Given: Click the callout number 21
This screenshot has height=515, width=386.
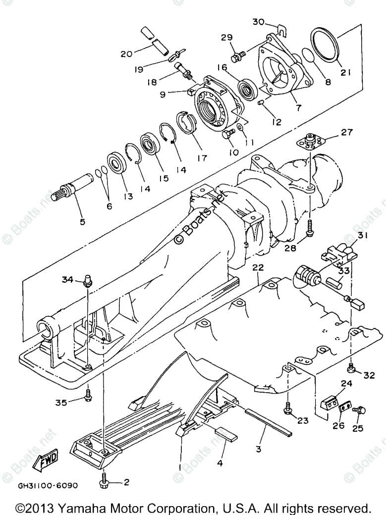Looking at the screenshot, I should coord(345,73).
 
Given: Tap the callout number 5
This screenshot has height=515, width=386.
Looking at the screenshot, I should coord(83,221).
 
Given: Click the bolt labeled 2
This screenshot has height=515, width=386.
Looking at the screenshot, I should coord(106,479).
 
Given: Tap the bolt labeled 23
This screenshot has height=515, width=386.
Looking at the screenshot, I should coord(288,408).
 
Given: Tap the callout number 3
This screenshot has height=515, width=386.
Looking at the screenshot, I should coord(258,449).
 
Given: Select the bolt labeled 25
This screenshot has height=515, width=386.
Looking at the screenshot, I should coord(358,410).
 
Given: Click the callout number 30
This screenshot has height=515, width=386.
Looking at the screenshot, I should coord(258,21).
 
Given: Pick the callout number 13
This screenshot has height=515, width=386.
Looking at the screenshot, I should coord(129,196).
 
